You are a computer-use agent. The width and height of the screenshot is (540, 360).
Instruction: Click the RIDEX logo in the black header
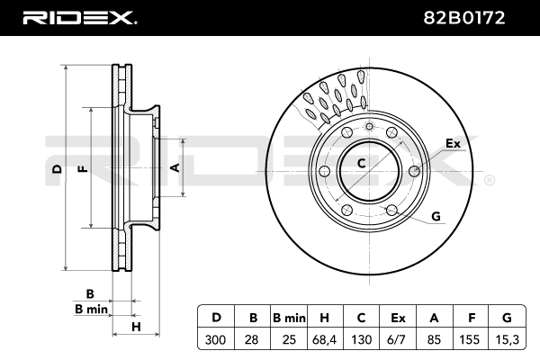80,18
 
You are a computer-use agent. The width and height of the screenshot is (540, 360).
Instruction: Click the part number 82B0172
463,18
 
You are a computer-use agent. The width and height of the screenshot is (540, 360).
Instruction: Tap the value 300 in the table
216,339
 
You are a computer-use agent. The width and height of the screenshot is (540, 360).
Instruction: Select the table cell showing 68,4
325,339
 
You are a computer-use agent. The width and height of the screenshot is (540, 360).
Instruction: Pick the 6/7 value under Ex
397,339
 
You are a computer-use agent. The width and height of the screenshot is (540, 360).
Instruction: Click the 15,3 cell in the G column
507,339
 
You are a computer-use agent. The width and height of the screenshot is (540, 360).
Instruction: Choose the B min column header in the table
289,318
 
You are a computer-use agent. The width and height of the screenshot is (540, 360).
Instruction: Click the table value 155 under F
470,339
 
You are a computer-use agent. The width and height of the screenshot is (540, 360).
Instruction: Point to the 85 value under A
434,339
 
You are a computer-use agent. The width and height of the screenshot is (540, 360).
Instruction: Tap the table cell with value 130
361,339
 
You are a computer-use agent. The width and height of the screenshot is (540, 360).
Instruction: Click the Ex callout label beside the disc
453,143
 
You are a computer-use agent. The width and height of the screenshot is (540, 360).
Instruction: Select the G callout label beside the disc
436,216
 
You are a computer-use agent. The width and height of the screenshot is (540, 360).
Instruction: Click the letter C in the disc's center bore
361,163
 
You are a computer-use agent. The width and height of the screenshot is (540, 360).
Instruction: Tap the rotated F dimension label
84,169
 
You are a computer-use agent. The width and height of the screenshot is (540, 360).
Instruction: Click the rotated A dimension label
175,167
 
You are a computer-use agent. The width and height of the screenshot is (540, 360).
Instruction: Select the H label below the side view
137,327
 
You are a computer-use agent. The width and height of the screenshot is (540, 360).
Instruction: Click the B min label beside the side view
91,309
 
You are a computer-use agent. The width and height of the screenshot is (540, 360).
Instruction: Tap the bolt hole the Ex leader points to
415,170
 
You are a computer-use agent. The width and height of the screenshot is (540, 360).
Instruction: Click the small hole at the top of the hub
369,126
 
